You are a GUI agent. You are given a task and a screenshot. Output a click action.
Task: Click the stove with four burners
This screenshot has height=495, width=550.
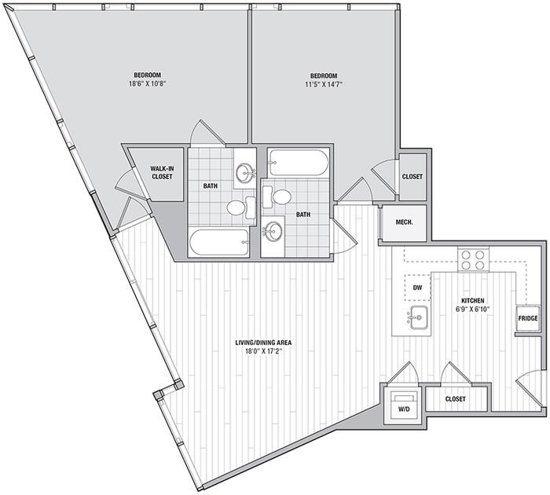click(x=473, y=259)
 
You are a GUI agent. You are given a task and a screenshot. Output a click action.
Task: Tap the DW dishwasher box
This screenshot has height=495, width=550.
click(x=417, y=288)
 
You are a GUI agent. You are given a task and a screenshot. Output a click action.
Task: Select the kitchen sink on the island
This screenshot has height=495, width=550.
click(x=418, y=317)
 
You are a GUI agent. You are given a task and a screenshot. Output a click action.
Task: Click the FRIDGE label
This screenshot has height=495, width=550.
click(x=528, y=318)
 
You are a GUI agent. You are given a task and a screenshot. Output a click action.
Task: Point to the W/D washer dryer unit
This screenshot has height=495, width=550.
click(x=402, y=405)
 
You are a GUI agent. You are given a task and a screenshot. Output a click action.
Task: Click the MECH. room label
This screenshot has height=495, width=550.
click(x=404, y=222)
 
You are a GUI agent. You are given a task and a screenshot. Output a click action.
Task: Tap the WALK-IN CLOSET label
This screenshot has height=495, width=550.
click(x=163, y=173)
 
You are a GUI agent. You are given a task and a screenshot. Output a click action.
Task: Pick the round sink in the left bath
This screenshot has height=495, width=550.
click(x=246, y=172)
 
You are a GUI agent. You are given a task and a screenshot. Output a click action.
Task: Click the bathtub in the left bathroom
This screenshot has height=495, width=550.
click(x=219, y=242)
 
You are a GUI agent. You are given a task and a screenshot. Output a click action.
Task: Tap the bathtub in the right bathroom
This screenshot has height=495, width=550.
click(x=298, y=163)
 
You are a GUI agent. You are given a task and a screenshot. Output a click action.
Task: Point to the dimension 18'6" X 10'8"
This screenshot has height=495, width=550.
click(x=148, y=84)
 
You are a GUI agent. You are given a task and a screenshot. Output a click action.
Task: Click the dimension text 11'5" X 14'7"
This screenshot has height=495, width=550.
click(x=324, y=84)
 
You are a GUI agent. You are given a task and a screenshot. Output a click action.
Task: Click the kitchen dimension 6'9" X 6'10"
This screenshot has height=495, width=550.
click(x=472, y=309)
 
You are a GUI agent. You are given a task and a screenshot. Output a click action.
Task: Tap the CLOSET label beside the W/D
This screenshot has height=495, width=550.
click(x=455, y=399)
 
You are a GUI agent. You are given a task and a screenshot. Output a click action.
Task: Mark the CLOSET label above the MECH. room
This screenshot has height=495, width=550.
click(x=412, y=177)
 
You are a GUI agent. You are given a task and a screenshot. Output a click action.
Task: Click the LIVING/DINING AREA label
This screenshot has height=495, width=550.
click(x=264, y=343)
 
